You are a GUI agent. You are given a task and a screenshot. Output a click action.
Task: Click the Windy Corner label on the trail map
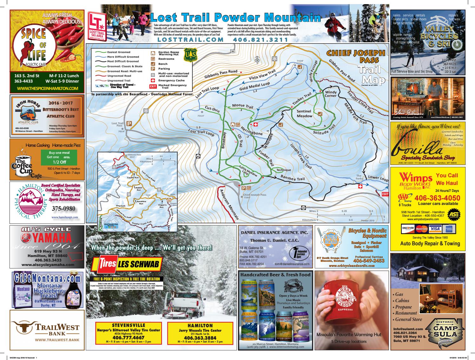[330, 94]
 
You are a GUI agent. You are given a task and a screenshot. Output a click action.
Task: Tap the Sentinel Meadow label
[304, 114]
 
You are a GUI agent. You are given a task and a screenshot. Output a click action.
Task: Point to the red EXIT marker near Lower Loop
[385, 194]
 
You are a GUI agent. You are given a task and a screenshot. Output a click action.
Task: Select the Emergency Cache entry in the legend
[171, 80]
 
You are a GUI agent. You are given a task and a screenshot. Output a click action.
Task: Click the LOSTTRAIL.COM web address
[189, 40]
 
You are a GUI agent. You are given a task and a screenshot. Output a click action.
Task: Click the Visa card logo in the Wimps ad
[436, 228]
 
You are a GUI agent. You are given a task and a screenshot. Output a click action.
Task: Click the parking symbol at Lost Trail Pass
[129, 123]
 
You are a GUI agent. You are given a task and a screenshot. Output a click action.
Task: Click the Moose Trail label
[242, 105]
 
